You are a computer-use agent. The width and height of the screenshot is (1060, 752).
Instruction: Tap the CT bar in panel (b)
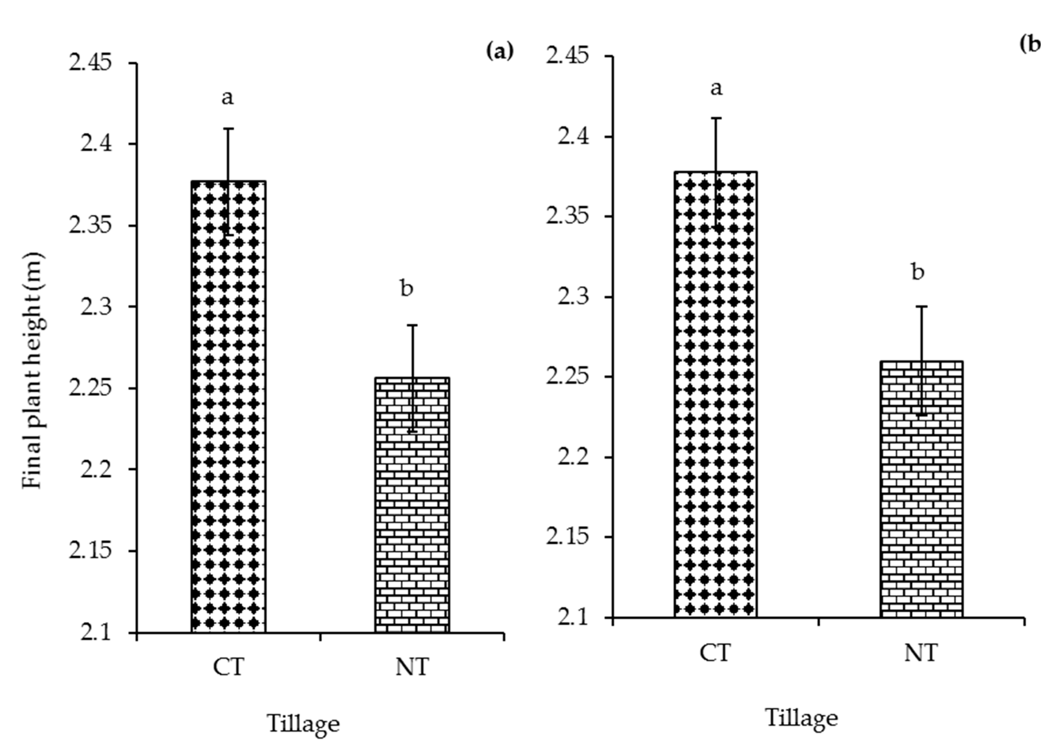point(716,394)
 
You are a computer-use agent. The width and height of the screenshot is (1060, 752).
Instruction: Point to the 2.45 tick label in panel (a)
point(90,63)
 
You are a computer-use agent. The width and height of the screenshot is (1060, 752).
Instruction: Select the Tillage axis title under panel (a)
point(303,723)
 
